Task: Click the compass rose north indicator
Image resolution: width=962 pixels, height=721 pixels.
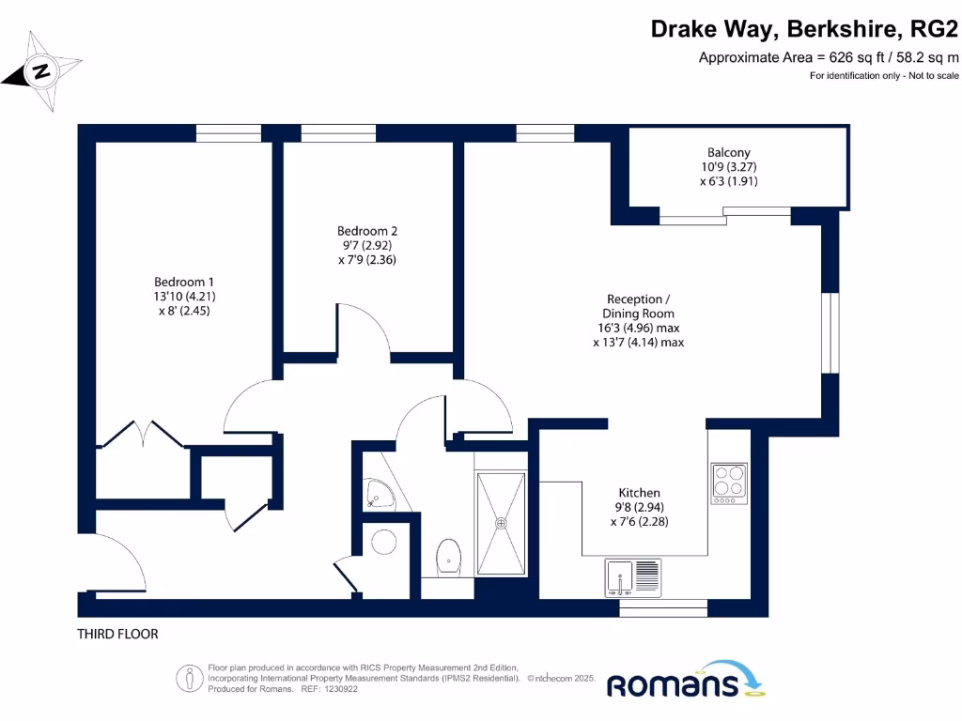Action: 40,71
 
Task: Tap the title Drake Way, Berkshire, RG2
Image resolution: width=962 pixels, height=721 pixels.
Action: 805,30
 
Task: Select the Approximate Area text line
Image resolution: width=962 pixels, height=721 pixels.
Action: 829,57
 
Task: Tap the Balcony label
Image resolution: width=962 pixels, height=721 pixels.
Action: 728,166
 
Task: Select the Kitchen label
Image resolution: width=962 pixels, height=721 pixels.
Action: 639,507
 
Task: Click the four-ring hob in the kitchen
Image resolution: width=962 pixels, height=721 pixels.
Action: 729,483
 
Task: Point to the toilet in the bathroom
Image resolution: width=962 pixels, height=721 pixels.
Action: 450,557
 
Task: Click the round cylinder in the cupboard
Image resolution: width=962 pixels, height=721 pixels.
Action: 384,542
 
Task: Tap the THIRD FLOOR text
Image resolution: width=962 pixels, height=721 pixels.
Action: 117,635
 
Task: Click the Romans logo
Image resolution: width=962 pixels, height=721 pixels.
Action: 686,683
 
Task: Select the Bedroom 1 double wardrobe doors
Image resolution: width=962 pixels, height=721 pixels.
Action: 141,437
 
